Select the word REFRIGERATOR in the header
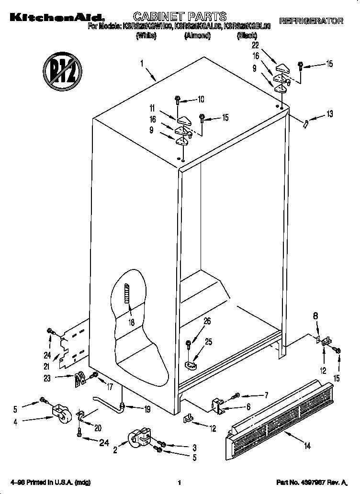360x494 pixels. click(311, 21)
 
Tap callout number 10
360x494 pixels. click(201, 100)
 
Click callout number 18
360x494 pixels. click(131, 322)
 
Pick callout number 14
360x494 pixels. click(307, 446)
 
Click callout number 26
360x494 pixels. click(207, 321)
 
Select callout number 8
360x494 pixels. click(315, 316)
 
